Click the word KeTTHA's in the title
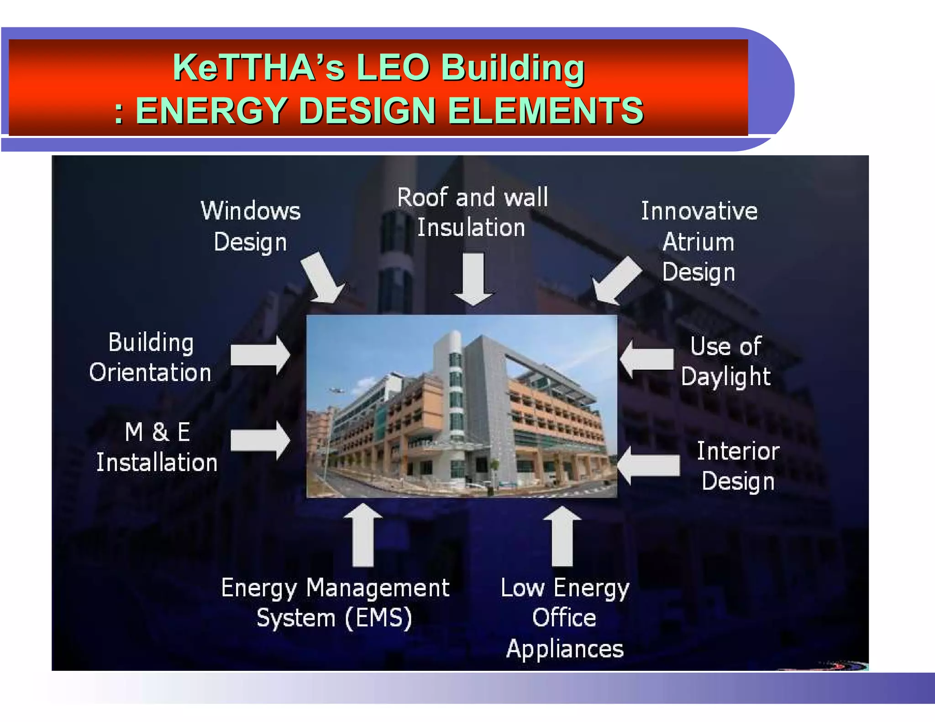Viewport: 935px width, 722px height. [258, 68]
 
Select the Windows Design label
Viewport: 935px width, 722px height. [251, 226]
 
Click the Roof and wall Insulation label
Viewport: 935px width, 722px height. [472, 212]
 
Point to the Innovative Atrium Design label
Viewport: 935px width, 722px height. [699, 241]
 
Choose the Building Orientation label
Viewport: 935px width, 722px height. [151, 357]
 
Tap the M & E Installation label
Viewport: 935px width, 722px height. [157, 447]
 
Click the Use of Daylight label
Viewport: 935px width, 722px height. [726, 361]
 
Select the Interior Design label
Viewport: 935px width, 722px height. [738, 466]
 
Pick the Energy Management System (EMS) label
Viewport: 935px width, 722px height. [335, 602]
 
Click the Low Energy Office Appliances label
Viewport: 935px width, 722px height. [565, 618]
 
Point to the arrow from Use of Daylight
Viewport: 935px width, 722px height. [646, 359]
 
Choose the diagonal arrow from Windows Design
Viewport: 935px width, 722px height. [322, 277]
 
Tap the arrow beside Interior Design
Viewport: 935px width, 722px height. [648, 466]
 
